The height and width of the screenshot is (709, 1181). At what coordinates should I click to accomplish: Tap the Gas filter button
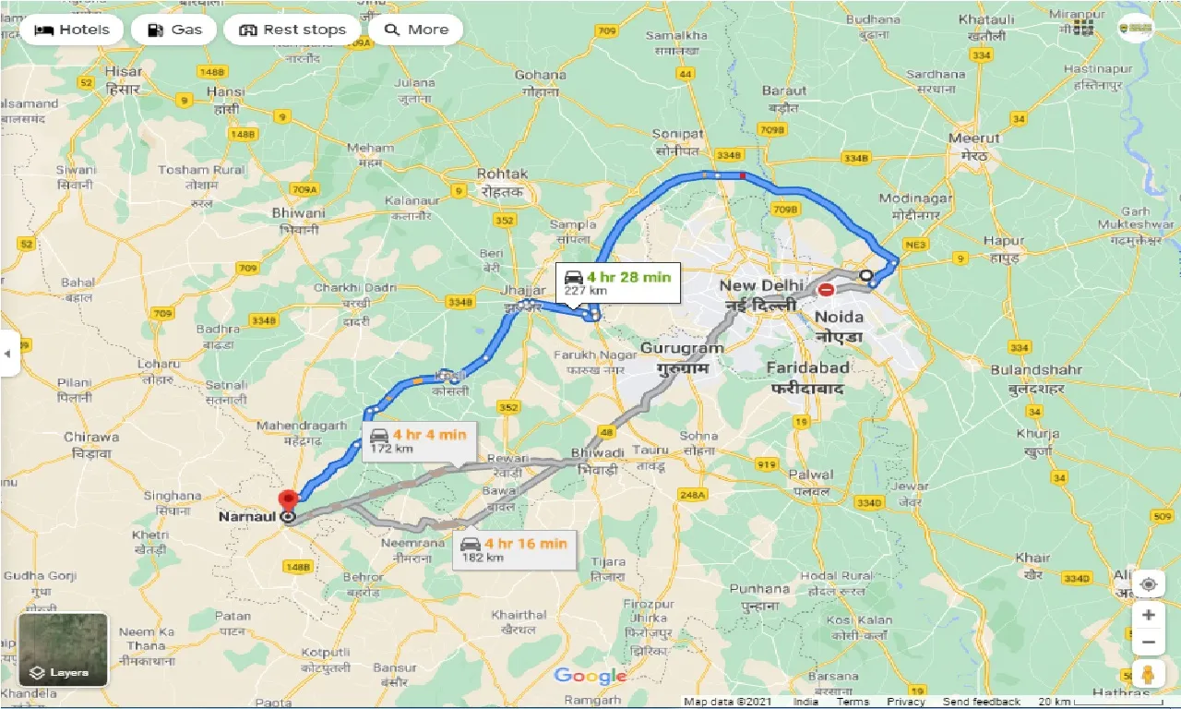pos(173,30)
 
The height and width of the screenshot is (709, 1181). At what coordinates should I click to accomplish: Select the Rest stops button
pos(292,30)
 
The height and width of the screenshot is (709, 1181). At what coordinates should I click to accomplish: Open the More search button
pos(416,30)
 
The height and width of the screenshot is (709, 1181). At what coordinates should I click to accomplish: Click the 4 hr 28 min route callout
pos(618,282)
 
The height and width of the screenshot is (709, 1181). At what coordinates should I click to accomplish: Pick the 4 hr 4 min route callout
pos(418,441)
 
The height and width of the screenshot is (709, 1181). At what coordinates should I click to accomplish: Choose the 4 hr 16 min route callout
pos(515,549)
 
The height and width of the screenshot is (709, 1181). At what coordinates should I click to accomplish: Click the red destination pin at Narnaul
pos(289,499)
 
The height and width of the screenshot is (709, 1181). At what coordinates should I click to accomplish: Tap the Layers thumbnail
pos(63,650)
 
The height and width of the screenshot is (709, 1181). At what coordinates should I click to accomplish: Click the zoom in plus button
pos(1148,615)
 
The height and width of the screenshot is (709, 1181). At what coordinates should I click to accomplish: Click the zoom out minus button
pos(1148,642)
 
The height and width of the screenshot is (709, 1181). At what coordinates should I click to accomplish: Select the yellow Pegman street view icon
pos(1148,675)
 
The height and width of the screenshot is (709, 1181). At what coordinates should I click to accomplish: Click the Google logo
pos(591,677)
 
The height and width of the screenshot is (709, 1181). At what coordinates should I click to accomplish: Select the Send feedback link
pos(982,702)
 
